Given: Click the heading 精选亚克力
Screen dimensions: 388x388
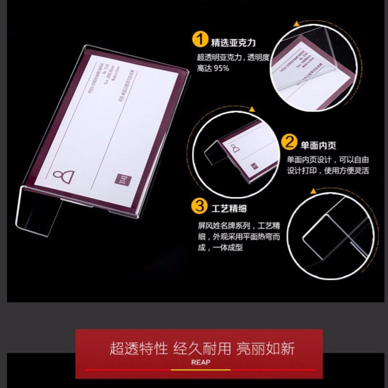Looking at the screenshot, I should point(233,42).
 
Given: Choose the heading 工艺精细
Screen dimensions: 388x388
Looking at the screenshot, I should point(229,209).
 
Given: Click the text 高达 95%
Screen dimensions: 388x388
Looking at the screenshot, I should point(213,68).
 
